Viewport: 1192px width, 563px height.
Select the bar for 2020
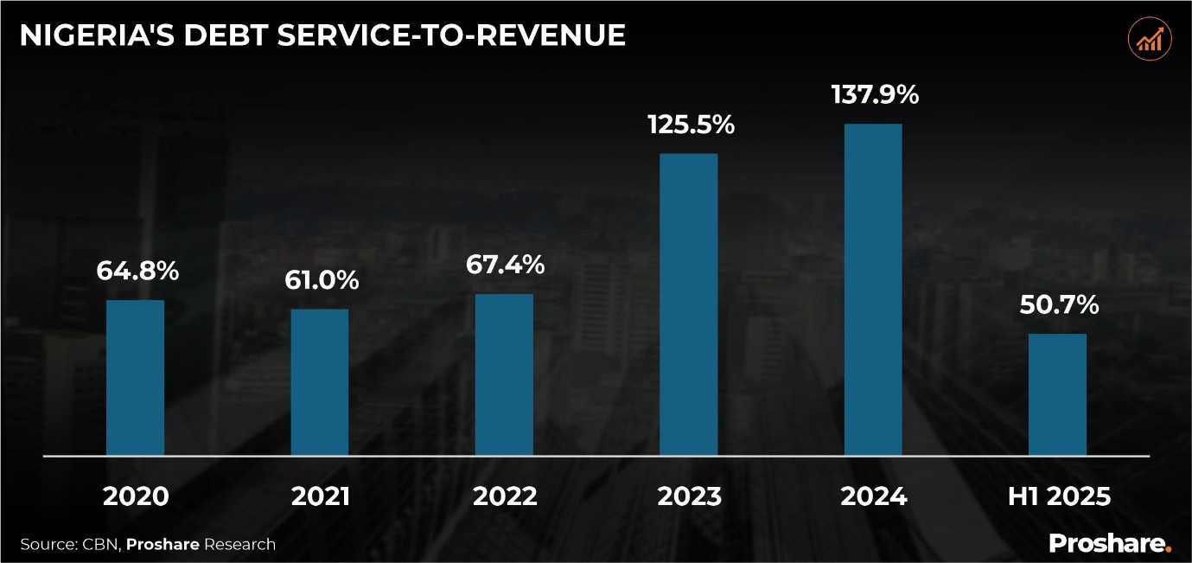[135, 377]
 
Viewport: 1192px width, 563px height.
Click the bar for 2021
[320, 381]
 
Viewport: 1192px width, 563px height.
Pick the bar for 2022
[504, 374]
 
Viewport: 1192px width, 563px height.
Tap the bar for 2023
[689, 304]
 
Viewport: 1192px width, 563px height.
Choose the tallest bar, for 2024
[873, 289]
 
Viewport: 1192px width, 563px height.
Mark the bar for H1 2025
[1057, 394]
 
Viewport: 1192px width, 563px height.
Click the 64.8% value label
[137, 271]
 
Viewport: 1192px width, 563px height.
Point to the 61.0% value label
[321, 280]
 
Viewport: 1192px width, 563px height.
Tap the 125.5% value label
[691, 125]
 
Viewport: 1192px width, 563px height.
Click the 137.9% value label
[875, 94]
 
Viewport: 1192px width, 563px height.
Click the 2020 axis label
[136, 496]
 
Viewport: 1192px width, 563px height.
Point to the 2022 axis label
[505, 496]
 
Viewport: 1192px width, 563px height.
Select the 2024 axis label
[874, 496]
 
